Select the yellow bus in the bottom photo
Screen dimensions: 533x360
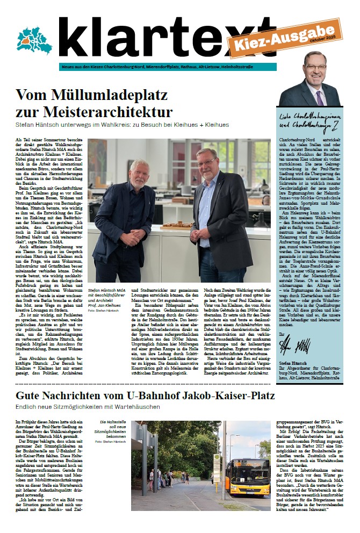(247, 477)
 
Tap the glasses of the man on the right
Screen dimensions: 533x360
(207, 162)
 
